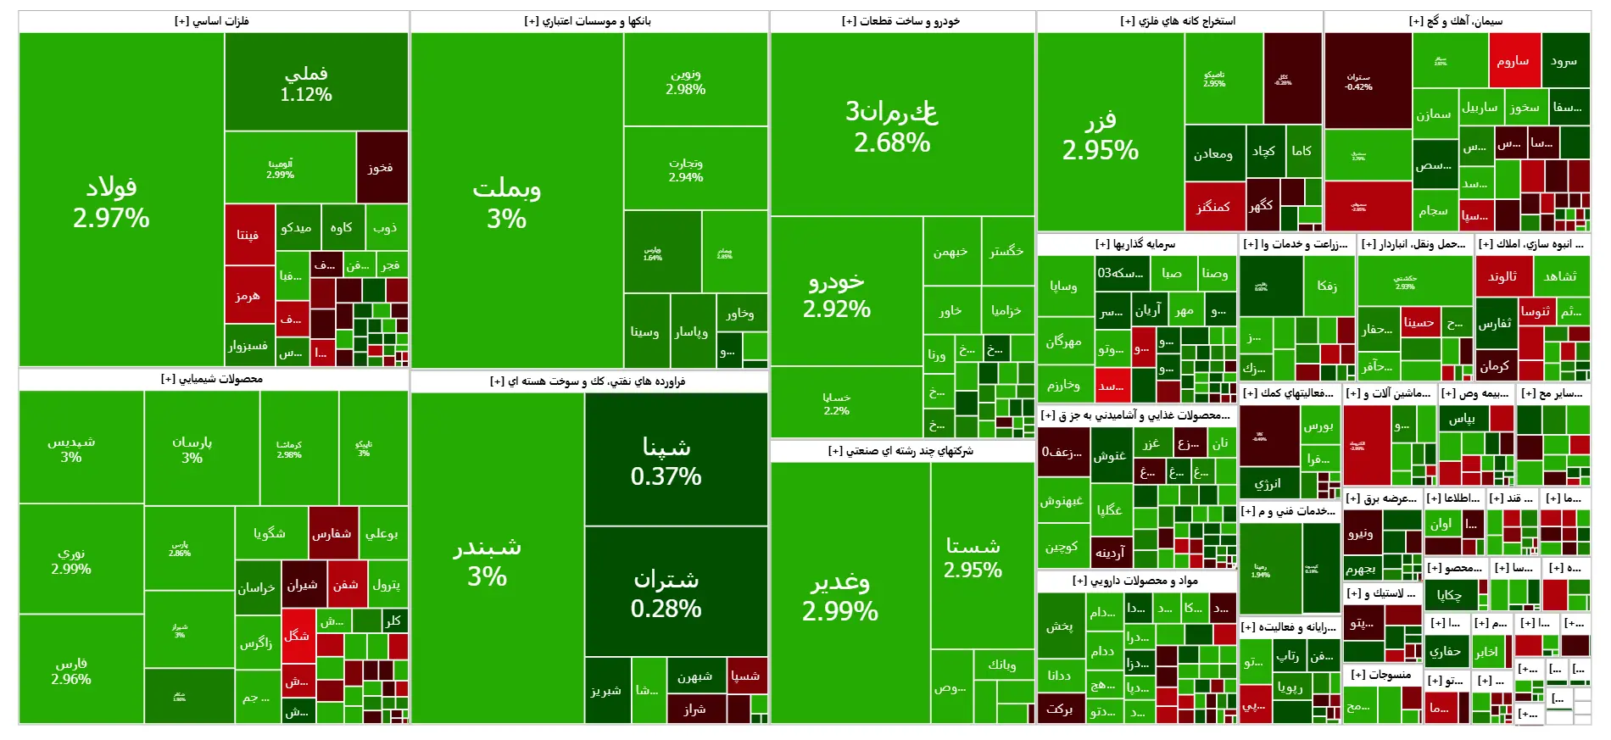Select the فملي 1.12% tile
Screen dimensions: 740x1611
click(x=305, y=82)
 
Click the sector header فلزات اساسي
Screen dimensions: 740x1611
click(x=212, y=21)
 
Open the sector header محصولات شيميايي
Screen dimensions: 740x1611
click(x=212, y=379)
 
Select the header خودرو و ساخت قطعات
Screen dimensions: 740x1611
click(x=900, y=21)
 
